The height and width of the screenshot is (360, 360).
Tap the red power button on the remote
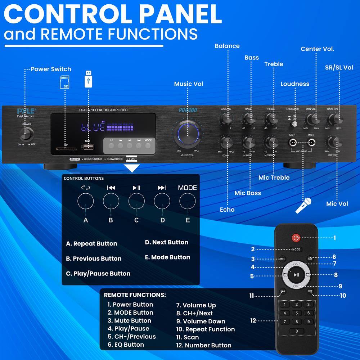pos(296,238)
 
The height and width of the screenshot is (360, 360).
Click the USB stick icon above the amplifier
pos(88,79)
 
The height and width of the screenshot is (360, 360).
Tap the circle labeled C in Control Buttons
pos(136,201)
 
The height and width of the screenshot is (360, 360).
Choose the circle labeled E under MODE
pos(187,201)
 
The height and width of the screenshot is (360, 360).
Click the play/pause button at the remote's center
pos(296,275)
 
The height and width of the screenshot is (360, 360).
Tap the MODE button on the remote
pos(296,249)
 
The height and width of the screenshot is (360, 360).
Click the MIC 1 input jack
pos(293,143)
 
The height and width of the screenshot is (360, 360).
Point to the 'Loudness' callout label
pos(295,84)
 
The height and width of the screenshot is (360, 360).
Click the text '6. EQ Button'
pos(126,345)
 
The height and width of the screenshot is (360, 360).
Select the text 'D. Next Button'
pos(167,242)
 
